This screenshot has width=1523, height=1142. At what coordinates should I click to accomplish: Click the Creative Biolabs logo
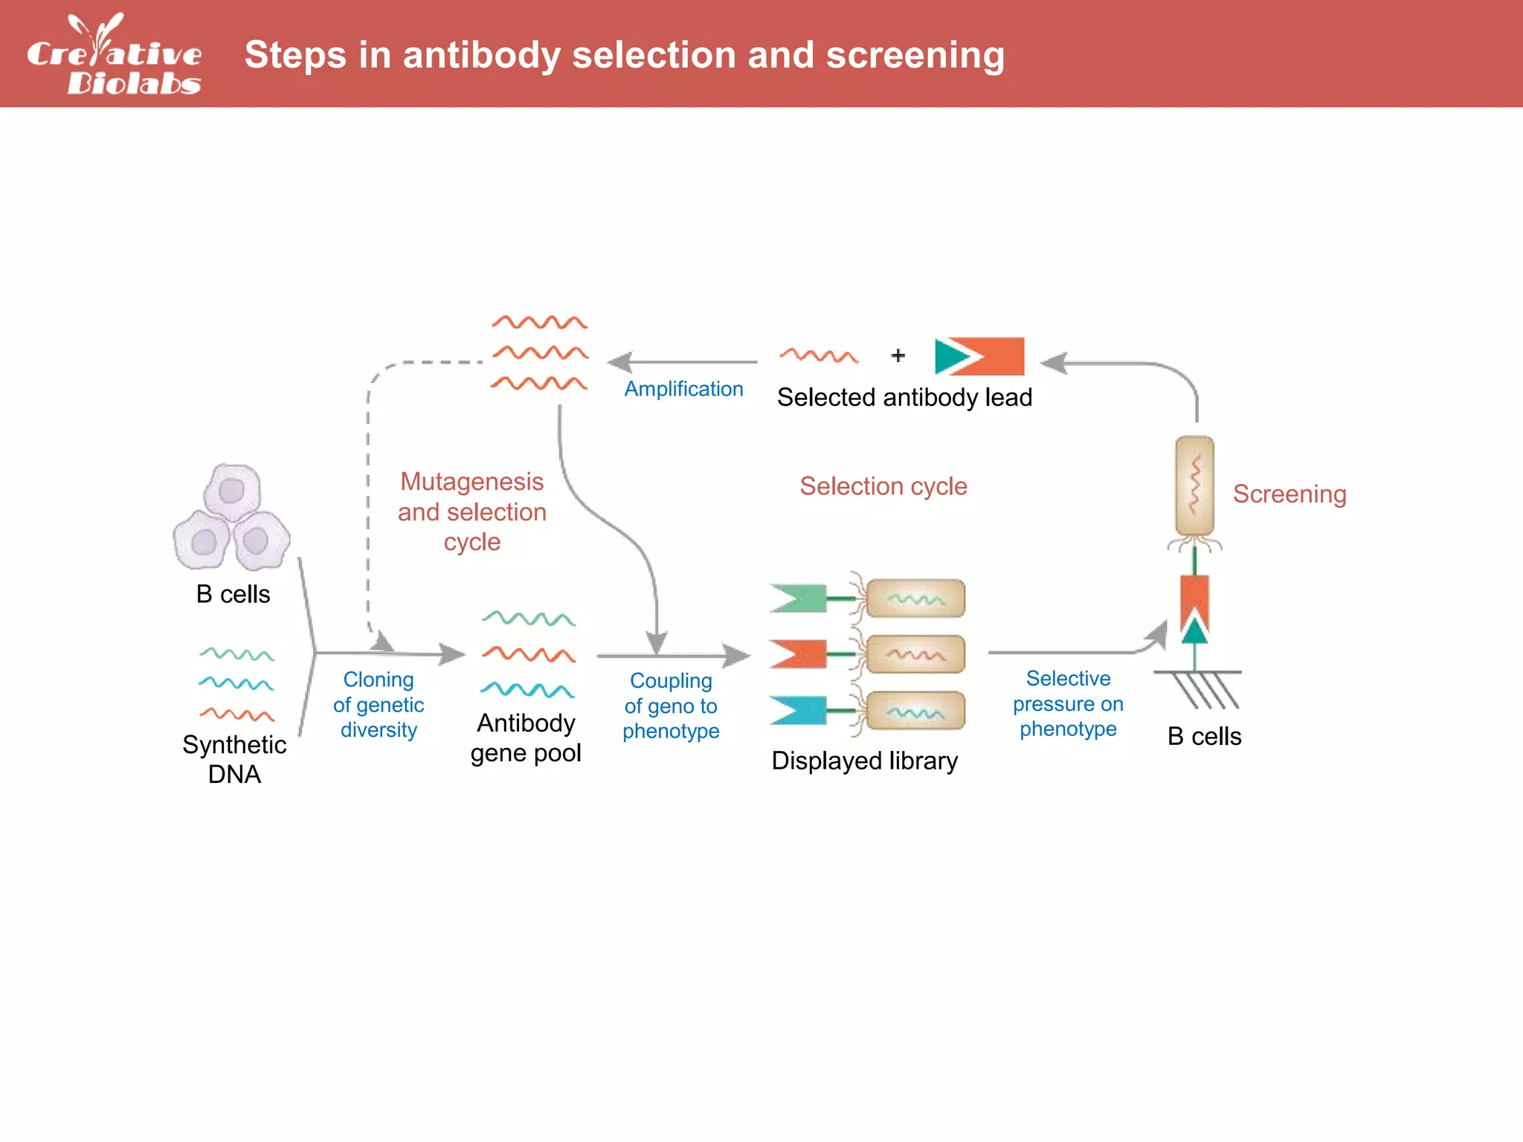coord(114,56)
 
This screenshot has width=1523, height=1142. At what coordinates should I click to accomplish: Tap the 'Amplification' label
coord(683,389)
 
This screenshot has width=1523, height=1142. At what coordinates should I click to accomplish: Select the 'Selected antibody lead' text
coord(904,398)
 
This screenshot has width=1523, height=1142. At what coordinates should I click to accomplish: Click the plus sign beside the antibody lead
coord(898,356)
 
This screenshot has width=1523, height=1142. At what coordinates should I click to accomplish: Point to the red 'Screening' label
coord(1289,494)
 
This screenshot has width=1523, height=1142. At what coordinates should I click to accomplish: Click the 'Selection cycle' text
coord(883,486)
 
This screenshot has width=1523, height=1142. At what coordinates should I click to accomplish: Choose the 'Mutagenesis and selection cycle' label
coord(471,512)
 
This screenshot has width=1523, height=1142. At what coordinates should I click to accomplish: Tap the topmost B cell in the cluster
coord(232,491)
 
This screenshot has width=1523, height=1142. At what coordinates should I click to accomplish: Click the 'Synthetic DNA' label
coord(234,759)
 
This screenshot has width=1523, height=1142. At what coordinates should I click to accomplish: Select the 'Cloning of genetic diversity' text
coord(378,704)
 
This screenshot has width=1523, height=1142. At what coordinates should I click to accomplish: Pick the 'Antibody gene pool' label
coord(526,738)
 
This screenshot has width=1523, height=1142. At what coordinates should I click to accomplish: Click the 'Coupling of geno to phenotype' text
coord(670,706)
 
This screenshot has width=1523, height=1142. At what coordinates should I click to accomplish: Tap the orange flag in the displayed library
coord(797,654)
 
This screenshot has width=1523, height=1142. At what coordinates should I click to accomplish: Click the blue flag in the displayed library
coord(797,710)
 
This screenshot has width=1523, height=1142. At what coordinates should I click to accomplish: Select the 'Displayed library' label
coord(864,761)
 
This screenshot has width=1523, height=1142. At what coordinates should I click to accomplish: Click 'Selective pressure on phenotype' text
coord(1067,703)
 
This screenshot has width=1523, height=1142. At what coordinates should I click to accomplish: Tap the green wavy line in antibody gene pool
coord(528,619)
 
